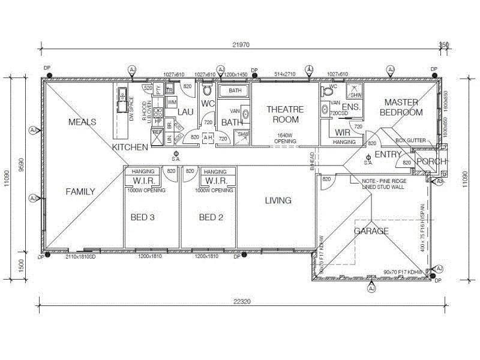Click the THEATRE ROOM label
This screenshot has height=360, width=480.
click(286, 114)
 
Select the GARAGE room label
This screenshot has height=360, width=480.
click(371, 231)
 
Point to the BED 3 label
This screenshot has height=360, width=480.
click(143, 217)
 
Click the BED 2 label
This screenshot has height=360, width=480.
click(211, 217)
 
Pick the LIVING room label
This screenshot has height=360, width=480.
click(278, 200)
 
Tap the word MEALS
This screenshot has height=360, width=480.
click(82, 122)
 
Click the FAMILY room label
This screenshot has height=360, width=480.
click(80, 192)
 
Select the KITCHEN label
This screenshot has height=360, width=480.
click(130, 147)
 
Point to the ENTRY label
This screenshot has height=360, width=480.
click(388, 154)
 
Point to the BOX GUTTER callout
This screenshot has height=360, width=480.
click(410, 140)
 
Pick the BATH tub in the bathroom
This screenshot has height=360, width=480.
click(235, 91)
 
